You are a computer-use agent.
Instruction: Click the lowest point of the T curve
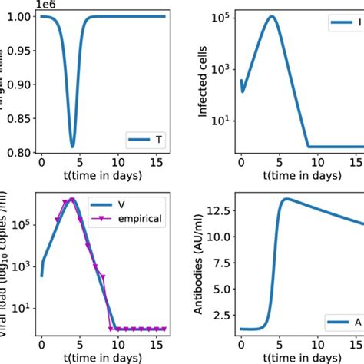pyautogui.click(x=73, y=146)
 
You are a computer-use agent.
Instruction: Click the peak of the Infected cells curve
pyautogui.click(x=271, y=16)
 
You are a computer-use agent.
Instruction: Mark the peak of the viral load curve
pyautogui.click(x=72, y=200)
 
